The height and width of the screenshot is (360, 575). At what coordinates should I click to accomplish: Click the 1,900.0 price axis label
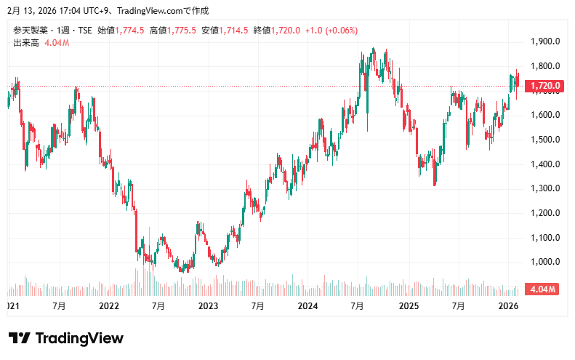tap(545, 41)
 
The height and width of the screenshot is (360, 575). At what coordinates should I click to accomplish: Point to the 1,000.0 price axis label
tap(545, 262)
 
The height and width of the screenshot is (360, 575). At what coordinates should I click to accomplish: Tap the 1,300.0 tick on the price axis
tap(545, 188)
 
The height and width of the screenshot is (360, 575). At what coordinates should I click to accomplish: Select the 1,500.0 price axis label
tap(545, 140)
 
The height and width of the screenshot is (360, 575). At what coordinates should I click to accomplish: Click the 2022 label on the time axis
tap(109, 307)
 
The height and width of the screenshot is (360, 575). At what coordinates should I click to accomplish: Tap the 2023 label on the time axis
tap(209, 307)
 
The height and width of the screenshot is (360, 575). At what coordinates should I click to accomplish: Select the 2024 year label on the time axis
tap(308, 307)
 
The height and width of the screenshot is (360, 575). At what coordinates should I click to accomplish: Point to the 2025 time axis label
tap(408, 307)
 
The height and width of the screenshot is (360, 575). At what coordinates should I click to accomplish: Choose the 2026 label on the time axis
tap(507, 307)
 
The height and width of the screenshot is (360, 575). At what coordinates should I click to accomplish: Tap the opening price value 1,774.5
tap(130, 31)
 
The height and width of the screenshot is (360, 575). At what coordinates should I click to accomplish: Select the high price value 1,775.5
tap(182, 31)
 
